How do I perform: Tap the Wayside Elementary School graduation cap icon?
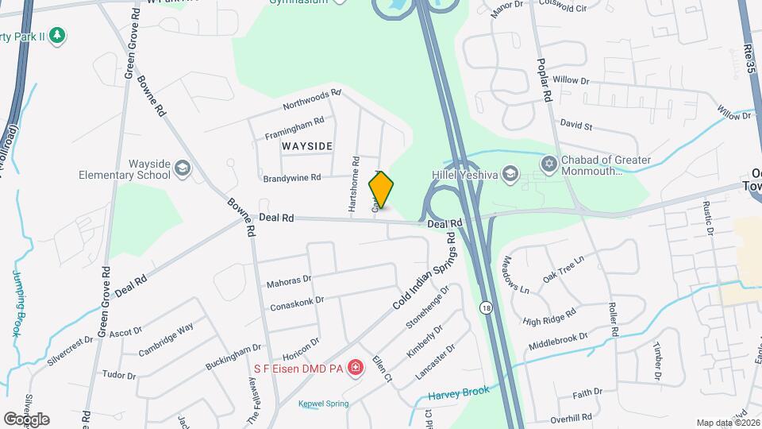tap(183, 168)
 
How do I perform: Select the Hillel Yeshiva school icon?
tap(510, 173)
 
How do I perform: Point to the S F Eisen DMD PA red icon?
tap(356, 367)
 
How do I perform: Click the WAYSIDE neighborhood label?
tap(306, 146)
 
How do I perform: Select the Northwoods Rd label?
tap(312, 99)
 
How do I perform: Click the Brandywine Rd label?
tap(292, 177)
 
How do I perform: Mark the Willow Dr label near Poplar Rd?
tap(571, 81)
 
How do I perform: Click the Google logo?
tap(26, 419)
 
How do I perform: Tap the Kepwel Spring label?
tap(323, 404)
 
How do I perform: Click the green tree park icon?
tap(56, 35)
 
